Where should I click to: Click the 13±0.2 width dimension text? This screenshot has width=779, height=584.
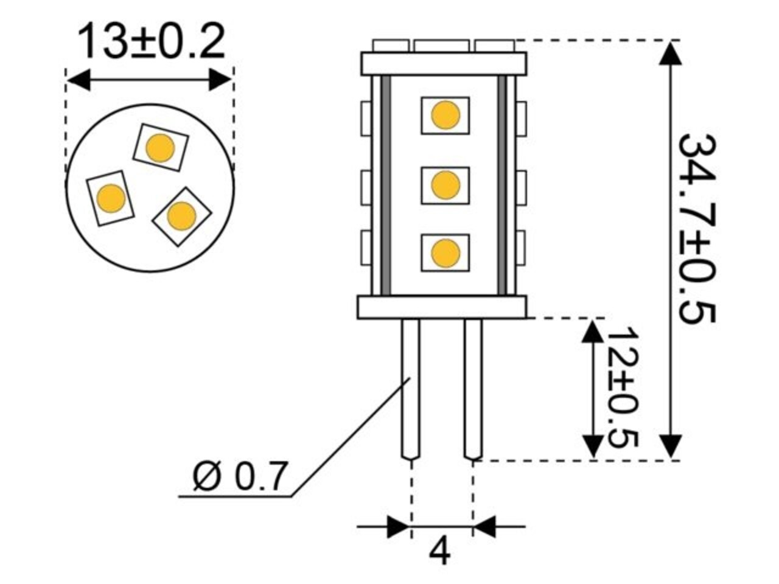151,41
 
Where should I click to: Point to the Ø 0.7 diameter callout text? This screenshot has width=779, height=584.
239,477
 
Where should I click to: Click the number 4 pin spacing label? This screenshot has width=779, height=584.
440,552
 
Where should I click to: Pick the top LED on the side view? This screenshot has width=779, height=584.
445,116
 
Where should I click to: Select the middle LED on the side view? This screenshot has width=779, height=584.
445,185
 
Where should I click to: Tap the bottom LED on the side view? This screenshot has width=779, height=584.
445,252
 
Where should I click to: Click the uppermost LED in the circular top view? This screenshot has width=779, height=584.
161,147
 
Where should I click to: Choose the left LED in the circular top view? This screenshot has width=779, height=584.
111,198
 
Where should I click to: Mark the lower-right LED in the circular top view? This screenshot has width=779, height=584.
181,216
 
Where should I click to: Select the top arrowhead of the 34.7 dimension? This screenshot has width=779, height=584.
670,51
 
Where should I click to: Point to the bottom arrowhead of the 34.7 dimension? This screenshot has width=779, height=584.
670,447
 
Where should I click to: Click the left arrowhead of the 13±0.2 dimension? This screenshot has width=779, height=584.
78,80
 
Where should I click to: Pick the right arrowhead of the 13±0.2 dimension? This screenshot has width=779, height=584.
220,80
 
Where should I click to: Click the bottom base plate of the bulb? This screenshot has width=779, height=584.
442,307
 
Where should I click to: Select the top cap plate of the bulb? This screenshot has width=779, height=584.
443,63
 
